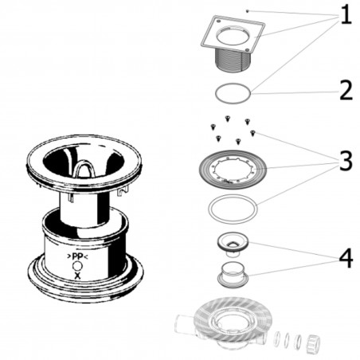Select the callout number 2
point(344,89)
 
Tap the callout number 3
point(344,162)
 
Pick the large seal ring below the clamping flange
point(233,209)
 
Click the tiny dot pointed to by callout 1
point(248,10)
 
